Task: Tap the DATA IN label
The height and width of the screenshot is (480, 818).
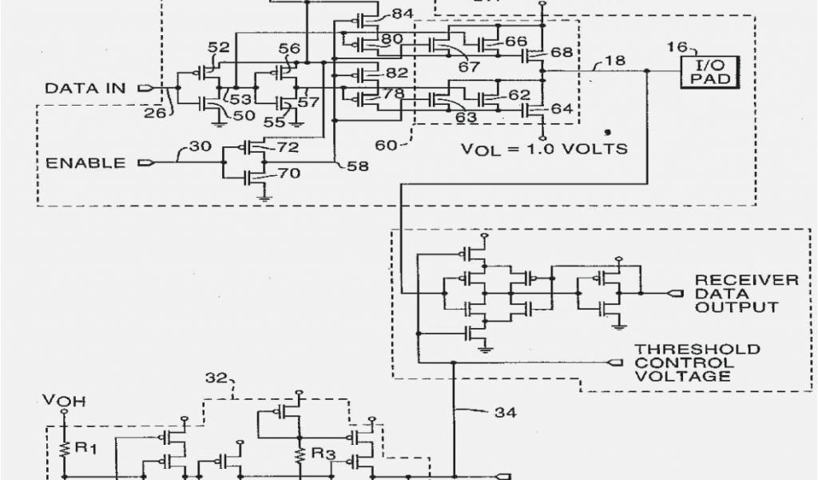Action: point(85,87)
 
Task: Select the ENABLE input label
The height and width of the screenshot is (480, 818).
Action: point(86,163)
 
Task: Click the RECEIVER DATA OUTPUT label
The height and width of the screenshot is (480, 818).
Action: point(746,293)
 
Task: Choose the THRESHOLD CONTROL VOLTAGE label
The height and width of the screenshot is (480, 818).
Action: point(697,362)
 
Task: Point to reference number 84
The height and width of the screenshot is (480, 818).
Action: point(403,14)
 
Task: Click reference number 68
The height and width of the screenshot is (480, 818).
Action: point(562,53)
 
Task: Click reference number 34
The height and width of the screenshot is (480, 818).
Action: point(504,413)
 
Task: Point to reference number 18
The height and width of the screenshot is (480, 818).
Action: point(615,60)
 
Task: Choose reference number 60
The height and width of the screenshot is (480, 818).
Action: point(386,145)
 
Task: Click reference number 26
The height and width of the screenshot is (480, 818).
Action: point(156,113)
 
